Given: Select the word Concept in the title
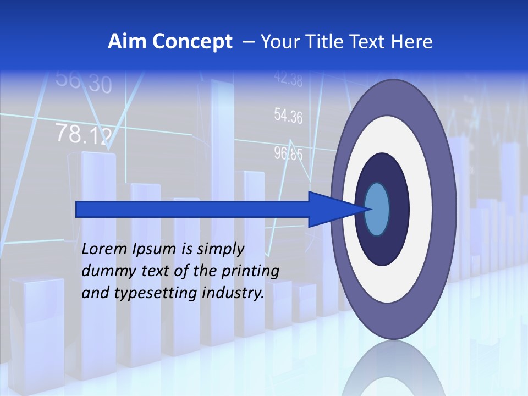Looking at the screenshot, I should pyautogui.click(x=192, y=42).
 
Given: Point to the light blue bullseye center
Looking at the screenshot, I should pyautogui.click(x=377, y=210).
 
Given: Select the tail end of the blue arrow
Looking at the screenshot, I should pyautogui.click(x=78, y=210).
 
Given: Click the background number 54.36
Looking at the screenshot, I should pyautogui.click(x=288, y=116).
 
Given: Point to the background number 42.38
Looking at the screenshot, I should pyautogui.click(x=288, y=80).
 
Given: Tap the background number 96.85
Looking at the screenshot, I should pyautogui.click(x=288, y=153).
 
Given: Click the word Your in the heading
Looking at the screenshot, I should pyautogui.click(x=280, y=42).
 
